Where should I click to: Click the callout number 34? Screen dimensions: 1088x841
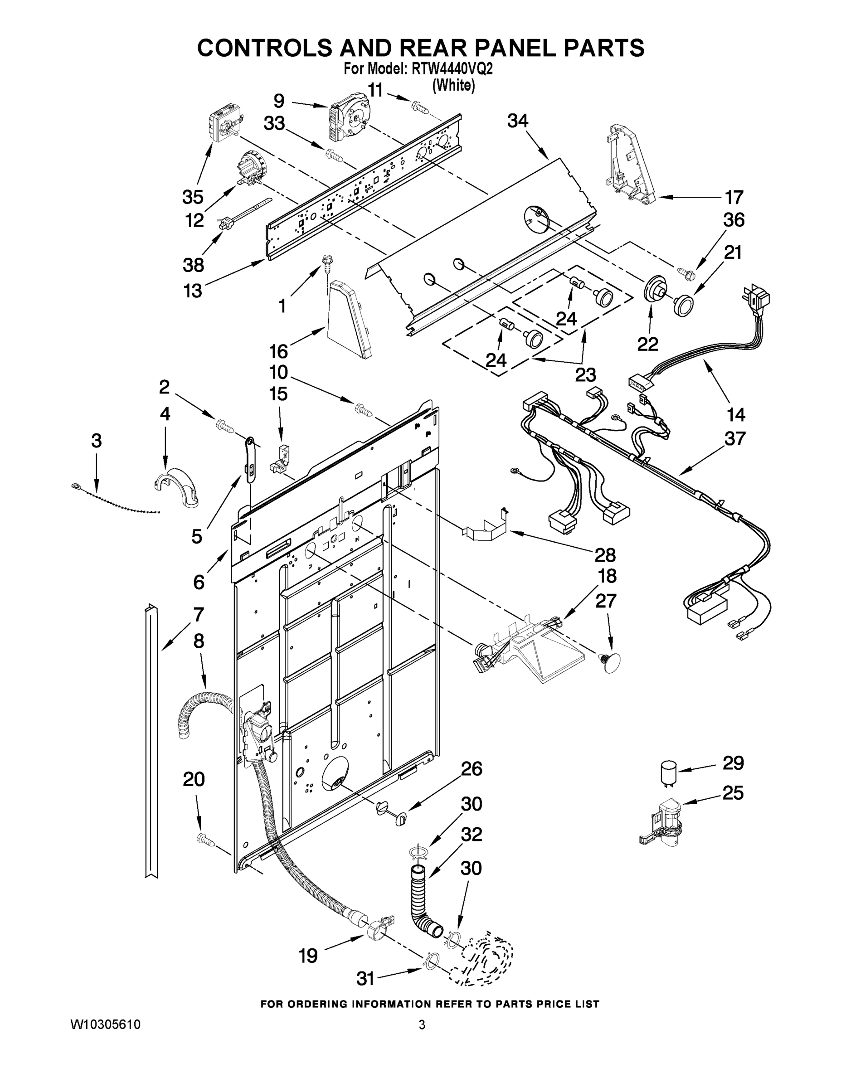coord(518,121)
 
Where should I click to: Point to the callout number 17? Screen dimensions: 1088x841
coord(734,197)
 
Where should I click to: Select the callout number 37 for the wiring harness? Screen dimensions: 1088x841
coord(735,438)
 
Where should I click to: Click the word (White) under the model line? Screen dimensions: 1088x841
coord(453,85)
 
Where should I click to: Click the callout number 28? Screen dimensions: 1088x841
coord(605,554)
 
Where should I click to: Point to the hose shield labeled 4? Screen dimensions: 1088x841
coord(176,488)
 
